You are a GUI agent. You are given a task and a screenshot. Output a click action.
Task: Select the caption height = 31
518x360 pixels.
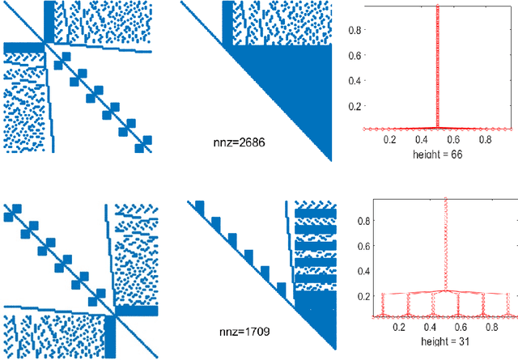pos(436,342)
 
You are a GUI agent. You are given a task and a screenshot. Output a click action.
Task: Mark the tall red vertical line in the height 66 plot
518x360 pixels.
pos(437,65)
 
